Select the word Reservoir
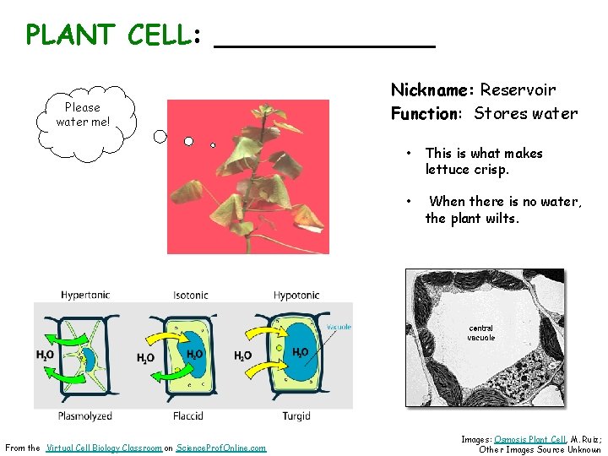[518, 90]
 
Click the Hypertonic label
[85, 295]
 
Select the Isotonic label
[191, 295]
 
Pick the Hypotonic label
[296, 295]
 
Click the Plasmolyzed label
[84, 415]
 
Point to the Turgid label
[296, 415]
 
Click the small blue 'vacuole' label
[339, 327]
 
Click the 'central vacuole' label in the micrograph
[481, 333]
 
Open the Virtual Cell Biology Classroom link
[104, 448]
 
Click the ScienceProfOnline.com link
[220, 448]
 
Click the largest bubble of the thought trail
[160, 135]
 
